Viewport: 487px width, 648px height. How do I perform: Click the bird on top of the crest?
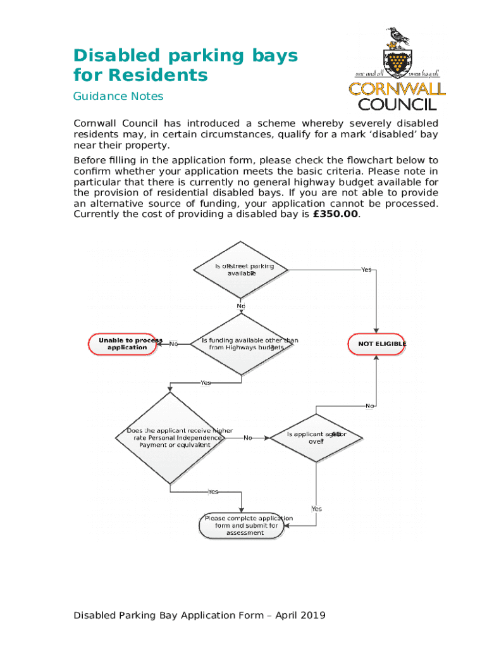pyautogui.click(x=398, y=37)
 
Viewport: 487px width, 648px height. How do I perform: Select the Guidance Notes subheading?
pyautogui.click(x=118, y=96)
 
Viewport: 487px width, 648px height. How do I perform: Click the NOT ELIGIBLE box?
pyautogui.click(x=378, y=344)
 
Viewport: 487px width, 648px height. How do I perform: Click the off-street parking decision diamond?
pyautogui.click(x=240, y=270)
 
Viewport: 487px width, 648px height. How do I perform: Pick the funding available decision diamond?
pyautogui.click(x=240, y=344)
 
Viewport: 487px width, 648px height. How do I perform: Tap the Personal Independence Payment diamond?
pyautogui.click(x=171, y=438)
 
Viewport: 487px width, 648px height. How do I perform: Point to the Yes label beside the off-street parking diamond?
pyautogui.click(x=366, y=270)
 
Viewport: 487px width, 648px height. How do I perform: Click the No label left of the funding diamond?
pyautogui.click(x=173, y=344)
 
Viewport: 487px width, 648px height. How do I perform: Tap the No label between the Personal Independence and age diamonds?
pyautogui.click(x=247, y=438)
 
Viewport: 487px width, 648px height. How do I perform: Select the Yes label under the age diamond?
pyautogui.click(x=316, y=509)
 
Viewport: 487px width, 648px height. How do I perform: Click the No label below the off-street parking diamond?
pyautogui.click(x=241, y=306)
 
